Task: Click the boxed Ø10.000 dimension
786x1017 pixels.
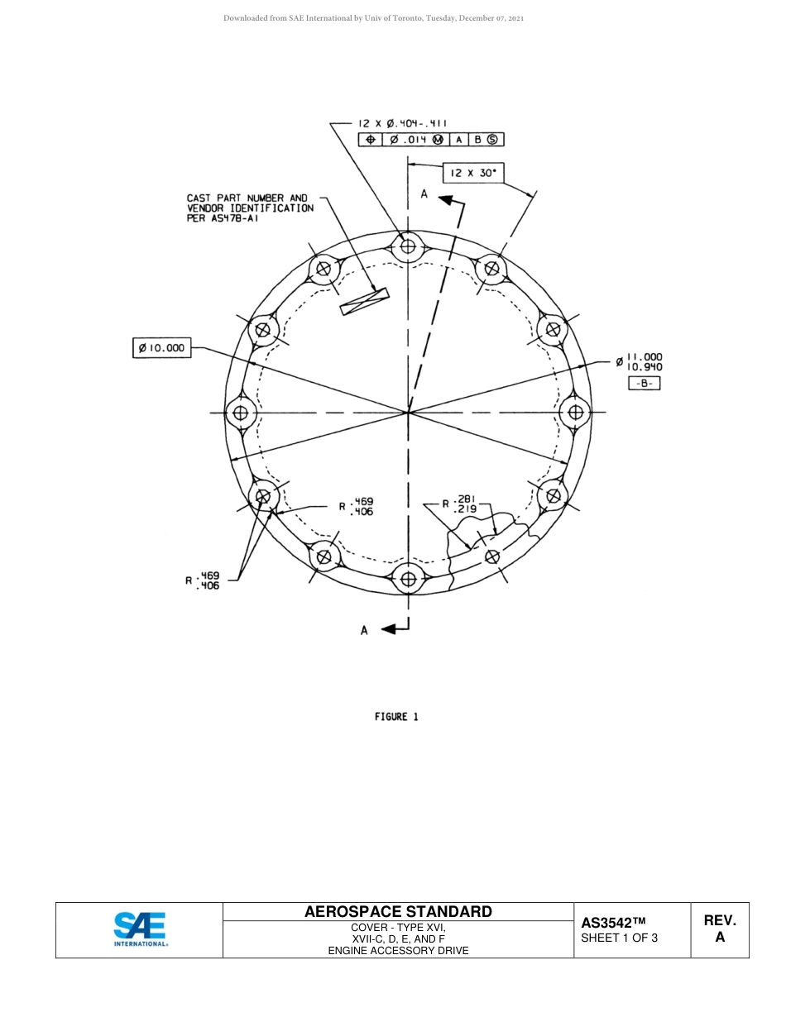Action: click(x=162, y=348)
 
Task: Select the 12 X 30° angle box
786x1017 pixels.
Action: click(x=472, y=173)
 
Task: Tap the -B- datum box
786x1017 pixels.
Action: click(x=644, y=383)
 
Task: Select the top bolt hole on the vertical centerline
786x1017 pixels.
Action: click(x=408, y=246)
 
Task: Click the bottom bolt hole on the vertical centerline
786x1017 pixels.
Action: click(x=408, y=579)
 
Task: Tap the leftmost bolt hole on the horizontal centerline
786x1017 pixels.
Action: click(x=241, y=412)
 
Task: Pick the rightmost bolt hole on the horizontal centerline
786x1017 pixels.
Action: click(x=575, y=412)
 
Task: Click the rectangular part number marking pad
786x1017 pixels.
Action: click(x=364, y=301)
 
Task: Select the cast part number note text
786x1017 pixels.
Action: click(x=249, y=208)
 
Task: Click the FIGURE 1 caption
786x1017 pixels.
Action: click(x=396, y=717)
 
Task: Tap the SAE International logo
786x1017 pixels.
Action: click(x=140, y=929)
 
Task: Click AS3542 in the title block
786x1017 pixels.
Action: click(x=612, y=923)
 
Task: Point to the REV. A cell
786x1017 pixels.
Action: click(x=719, y=929)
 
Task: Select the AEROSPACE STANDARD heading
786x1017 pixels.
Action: click(x=398, y=912)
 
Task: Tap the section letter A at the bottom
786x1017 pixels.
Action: click(x=364, y=630)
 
